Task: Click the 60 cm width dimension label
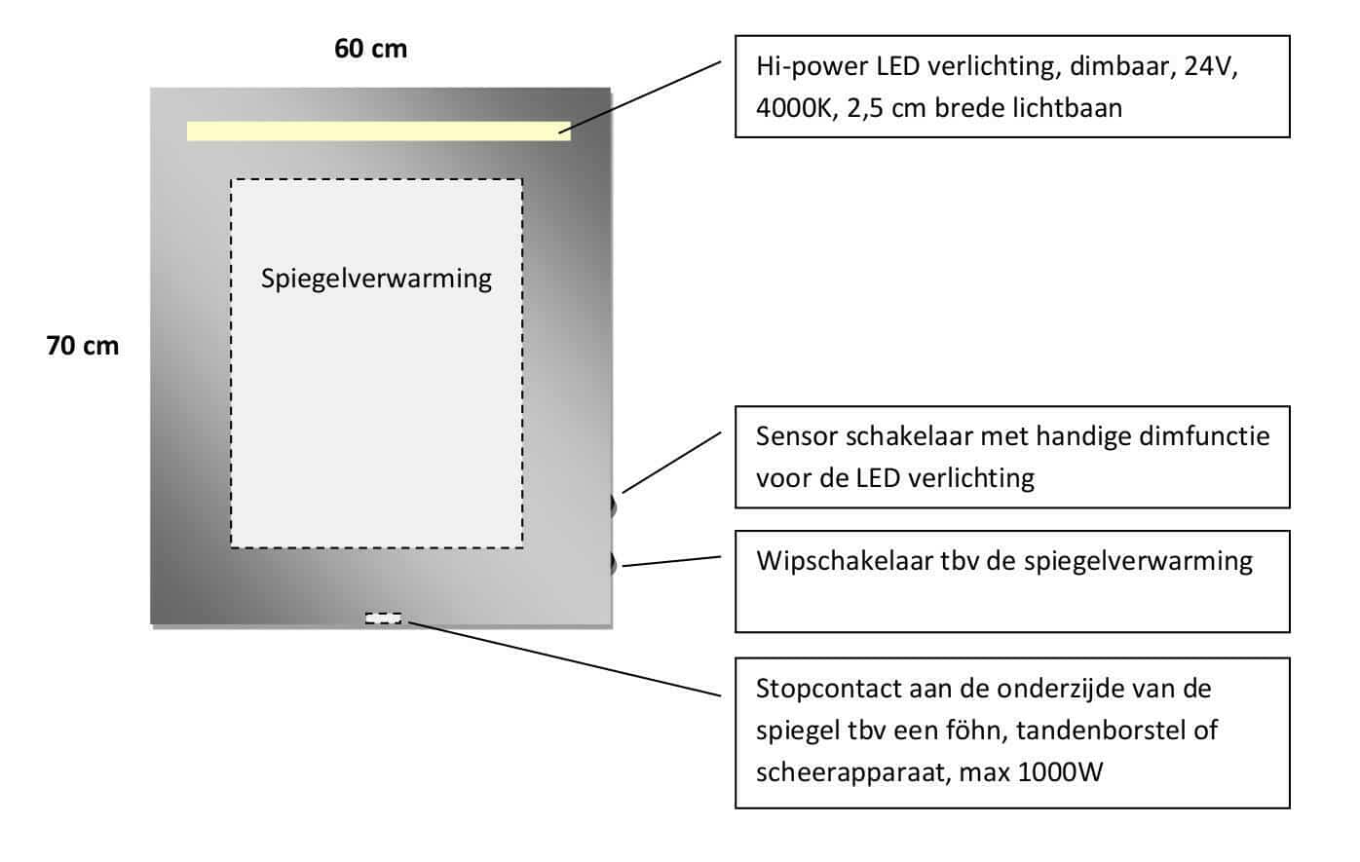point(370,49)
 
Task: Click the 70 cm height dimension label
point(83,346)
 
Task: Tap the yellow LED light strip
point(378,131)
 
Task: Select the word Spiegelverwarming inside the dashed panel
point(376,279)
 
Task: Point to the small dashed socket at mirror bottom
point(383,618)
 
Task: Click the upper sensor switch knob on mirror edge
point(613,506)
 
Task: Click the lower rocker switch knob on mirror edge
point(613,563)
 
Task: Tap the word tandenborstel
point(1100,731)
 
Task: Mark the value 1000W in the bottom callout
point(1060,772)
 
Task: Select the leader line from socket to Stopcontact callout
point(565,658)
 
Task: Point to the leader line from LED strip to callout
point(640,96)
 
